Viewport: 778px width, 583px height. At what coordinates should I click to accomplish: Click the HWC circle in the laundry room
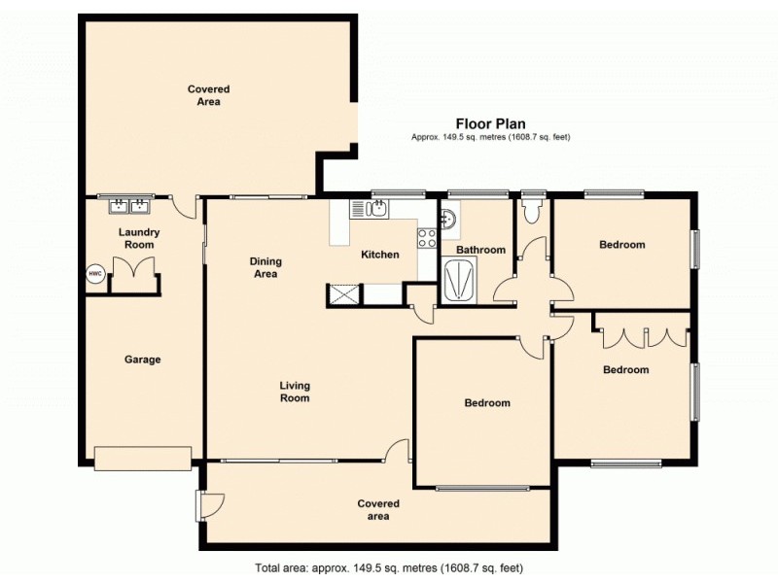pyautogui.click(x=95, y=274)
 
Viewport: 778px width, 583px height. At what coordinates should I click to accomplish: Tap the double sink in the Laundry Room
pyautogui.click(x=128, y=205)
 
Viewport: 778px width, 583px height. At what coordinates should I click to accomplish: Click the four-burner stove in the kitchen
pyautogui.click(x=427, y=237)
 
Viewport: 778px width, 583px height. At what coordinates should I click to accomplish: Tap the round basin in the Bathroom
pyautogui.click(x=448, y=219)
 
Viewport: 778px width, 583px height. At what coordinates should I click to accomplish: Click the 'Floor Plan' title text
pyautogui.click(x=490, y=123)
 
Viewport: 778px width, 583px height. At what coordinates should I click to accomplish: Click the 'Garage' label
pyautogui.click(x=142, y=360)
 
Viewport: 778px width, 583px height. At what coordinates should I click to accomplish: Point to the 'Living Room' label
pyautogui.click(x=295, y=392)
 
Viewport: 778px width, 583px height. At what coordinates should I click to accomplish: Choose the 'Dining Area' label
pyautogui.click(x=265, y=267)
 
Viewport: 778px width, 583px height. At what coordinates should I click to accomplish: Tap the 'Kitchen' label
pyautogui.click(x=380, y=255)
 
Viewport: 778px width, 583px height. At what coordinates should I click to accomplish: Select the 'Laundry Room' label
pyautogui.click(x=139, y=238)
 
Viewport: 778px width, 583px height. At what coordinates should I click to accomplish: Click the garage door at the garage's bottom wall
pyautogui.click(x=143, y=457)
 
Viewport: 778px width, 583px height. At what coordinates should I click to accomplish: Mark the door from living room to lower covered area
pyautogui.click(x=397, y=450)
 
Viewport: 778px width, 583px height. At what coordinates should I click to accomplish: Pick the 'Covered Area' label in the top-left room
pyautogui.click(x=208, y=95)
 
